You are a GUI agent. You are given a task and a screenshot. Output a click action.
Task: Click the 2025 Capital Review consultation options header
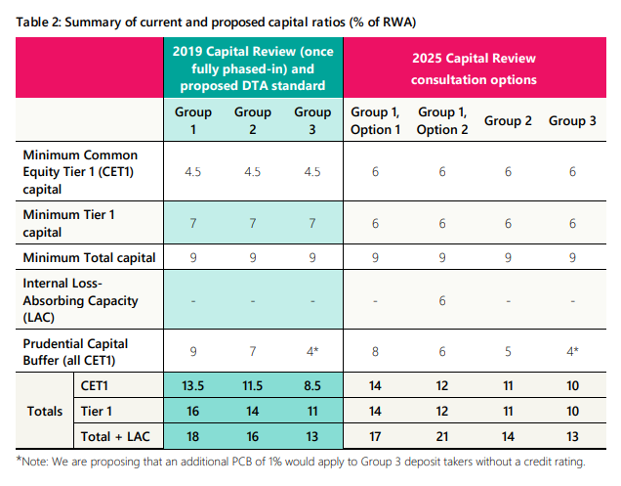pos(474,68)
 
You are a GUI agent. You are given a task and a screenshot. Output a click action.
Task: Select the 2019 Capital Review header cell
pos(253,68)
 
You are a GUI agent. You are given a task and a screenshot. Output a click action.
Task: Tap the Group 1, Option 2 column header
pos(442,120)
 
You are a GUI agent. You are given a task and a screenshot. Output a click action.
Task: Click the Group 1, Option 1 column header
pos(375,120)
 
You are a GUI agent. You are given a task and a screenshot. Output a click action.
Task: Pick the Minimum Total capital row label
pos(89,257)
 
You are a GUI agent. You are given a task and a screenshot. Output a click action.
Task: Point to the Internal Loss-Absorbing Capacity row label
pos(80,300)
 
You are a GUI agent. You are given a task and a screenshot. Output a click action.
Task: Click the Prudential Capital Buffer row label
pos(75,351)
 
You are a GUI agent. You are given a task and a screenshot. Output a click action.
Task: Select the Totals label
pos(45,411)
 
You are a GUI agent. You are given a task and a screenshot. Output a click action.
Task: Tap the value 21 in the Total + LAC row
pos(442,436)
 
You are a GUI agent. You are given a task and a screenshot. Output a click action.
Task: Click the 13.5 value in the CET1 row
pos(193,385)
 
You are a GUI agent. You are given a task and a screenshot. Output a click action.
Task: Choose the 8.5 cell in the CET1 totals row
pos(312,385)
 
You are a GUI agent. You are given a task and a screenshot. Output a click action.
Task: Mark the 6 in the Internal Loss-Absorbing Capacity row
pos(442,301)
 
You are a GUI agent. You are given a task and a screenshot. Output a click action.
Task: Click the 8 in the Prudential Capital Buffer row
pos(375,351)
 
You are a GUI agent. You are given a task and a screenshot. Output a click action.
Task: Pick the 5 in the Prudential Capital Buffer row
pos(508,351)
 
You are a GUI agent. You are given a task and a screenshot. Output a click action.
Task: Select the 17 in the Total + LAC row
pos(375,436)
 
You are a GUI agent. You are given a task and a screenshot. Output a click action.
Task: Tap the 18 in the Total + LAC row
pos(193,436)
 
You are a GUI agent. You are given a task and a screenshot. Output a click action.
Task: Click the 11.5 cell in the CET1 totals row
pos(253,385)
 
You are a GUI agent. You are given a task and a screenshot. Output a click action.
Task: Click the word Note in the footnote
pos(34,462)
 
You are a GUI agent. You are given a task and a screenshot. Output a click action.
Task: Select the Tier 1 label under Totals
pos(97,411)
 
